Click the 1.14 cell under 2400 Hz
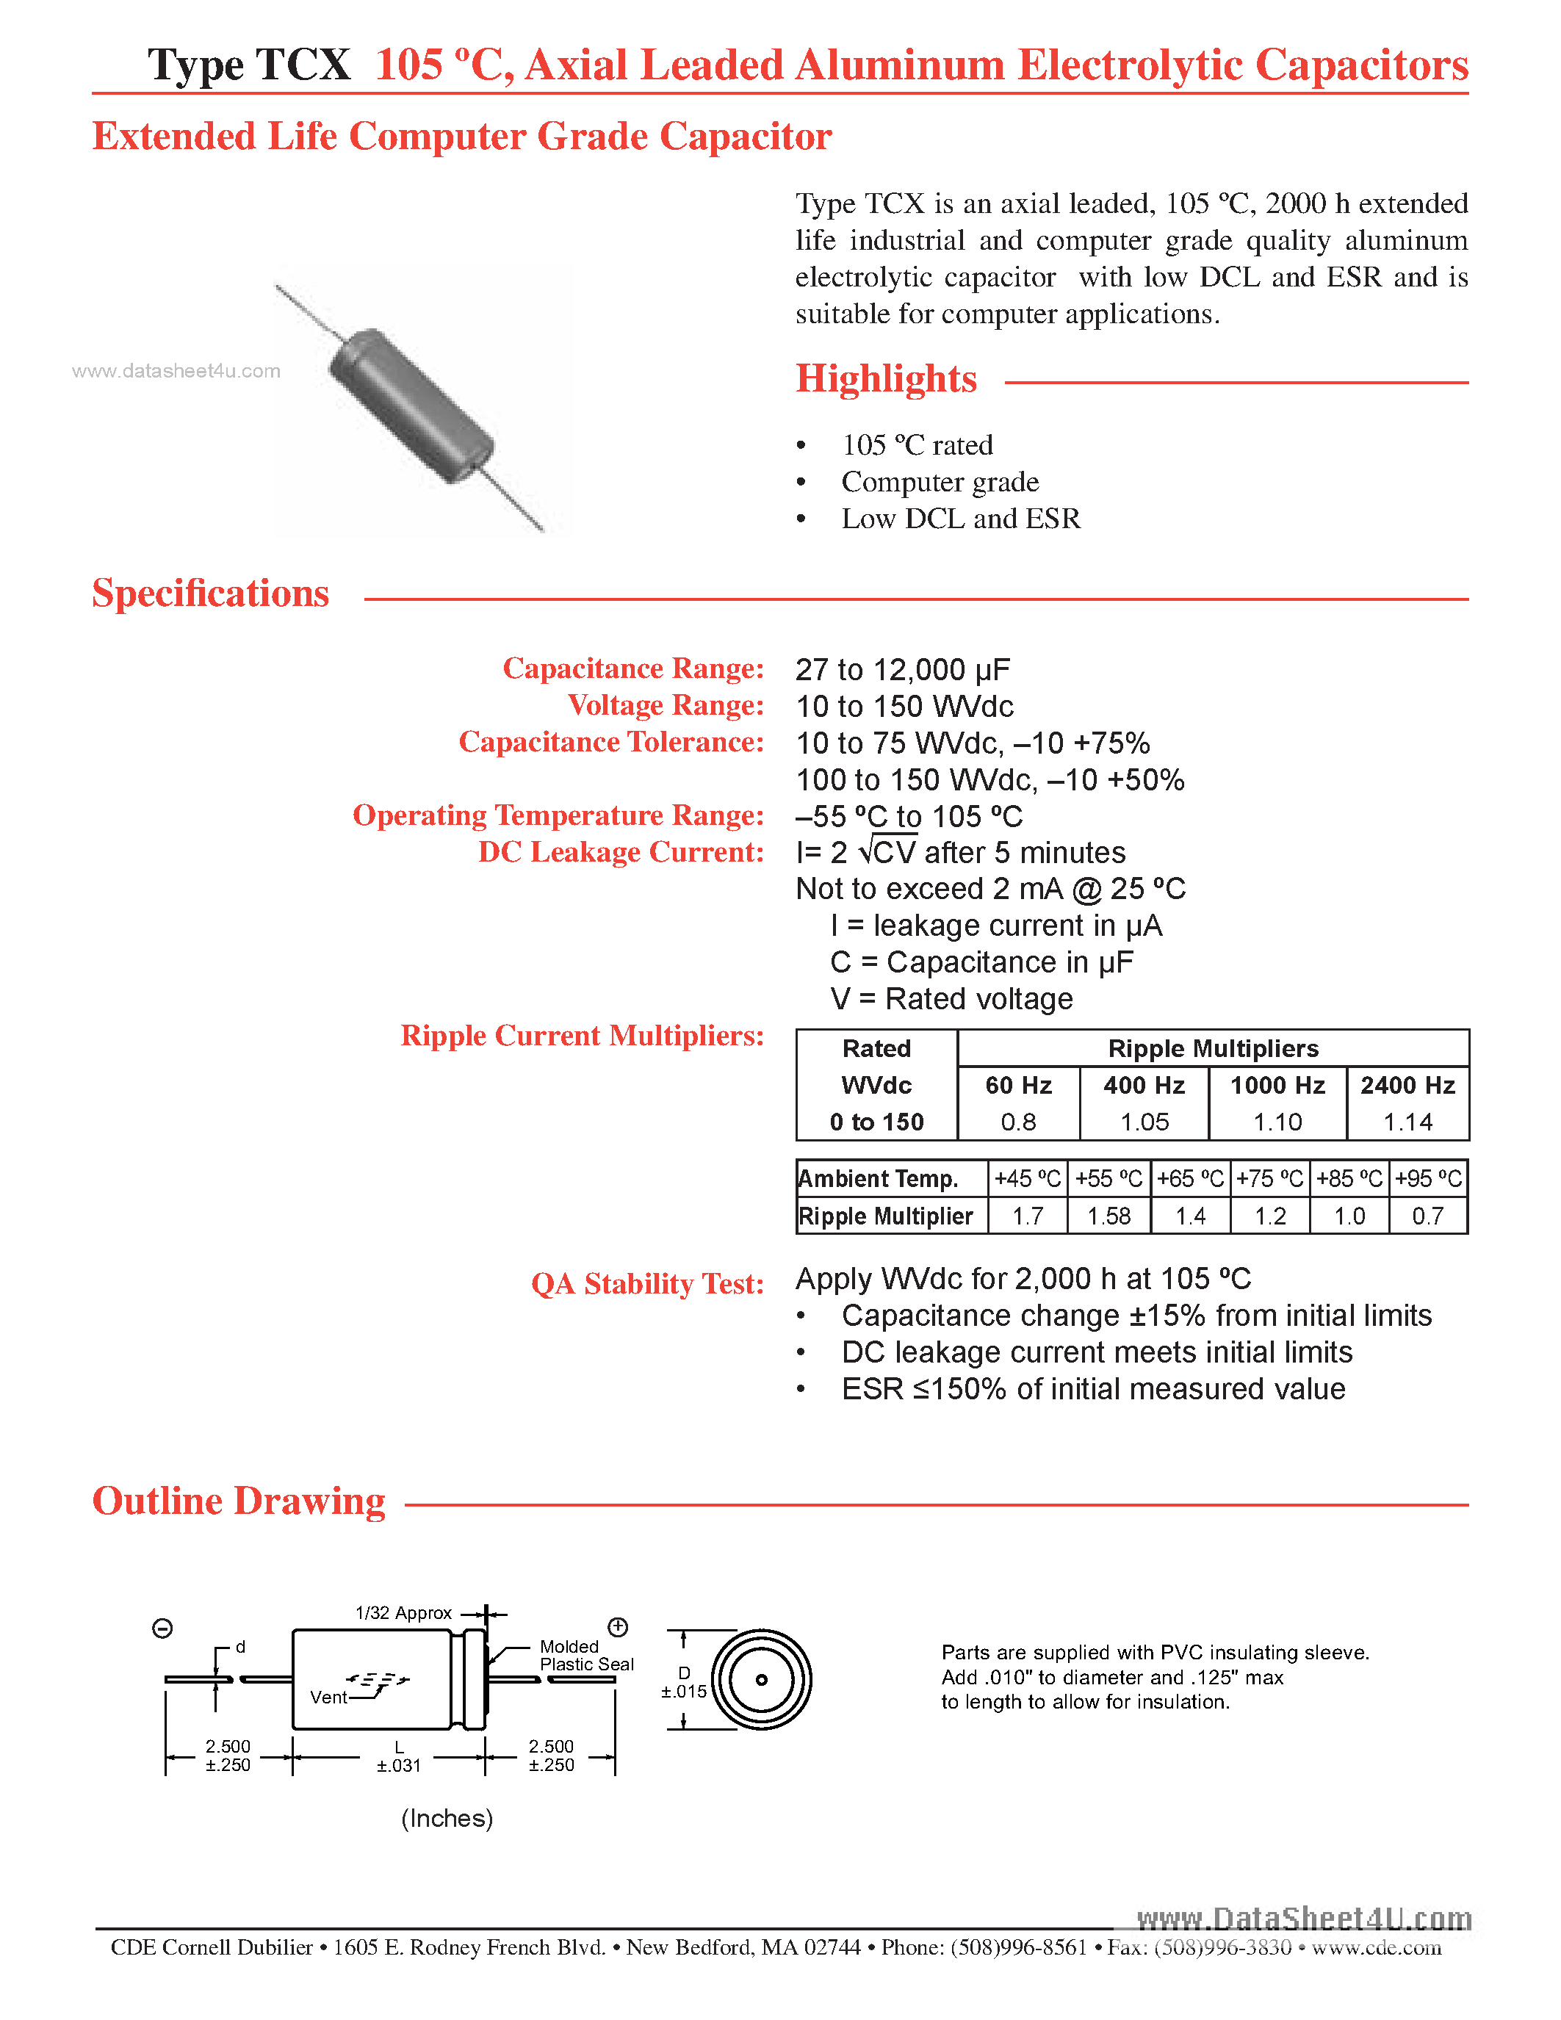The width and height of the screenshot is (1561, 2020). pyautogui.click(x=1407, y=1122)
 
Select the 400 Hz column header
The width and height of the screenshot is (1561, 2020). pyautogui.click(x=1143, y=1085)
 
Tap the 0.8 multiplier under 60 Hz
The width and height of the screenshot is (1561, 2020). pyautogui.click(x=1017, y=1122)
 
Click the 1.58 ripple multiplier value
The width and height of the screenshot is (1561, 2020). pyautogui.click(x=1108, y=1216)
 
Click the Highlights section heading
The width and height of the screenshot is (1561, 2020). pyautogui.click(x=885, y=379)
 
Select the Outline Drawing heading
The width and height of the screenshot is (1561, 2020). pyautogui.click(x=239, y=1501)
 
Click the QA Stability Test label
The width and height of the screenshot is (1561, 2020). pyautogui.click(x=647, y=1284)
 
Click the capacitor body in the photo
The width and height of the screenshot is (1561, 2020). pyautogui.click(x=411, y=405)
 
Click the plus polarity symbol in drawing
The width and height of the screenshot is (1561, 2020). pyautogui.click(x=618, y=1627)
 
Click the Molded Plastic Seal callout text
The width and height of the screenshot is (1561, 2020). pyautogui.click(x=585, y=1655)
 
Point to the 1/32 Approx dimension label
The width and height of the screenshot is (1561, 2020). pyautogui.click(x=403, y=1613)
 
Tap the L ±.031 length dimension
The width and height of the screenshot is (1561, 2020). pyautogui.click(x=399, y=1756)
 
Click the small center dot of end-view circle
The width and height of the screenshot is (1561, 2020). pyautogui.click(x=761, y=1680)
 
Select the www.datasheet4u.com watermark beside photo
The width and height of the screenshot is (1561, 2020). pyautogui.click(x=176, y=371)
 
